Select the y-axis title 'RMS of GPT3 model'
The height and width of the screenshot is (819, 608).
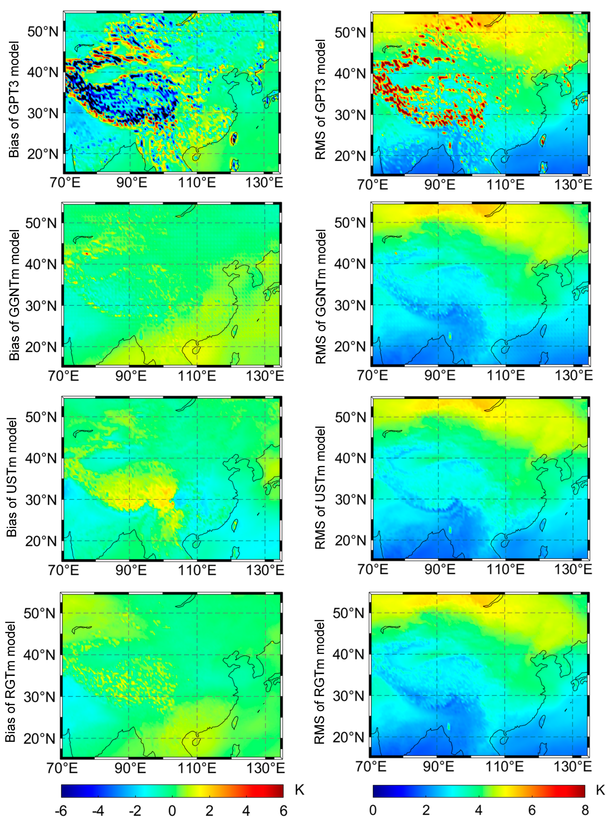point(321,99)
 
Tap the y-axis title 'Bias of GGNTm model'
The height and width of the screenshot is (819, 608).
point(14,295)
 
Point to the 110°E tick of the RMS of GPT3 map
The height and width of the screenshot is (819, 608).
point(505,184)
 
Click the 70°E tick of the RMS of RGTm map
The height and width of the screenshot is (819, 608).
point(372,766)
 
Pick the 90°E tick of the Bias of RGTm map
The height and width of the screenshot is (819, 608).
point(130,768)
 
